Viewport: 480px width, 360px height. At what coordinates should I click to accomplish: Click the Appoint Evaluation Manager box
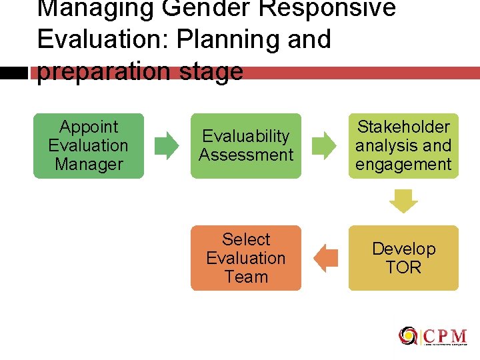coord(89,145)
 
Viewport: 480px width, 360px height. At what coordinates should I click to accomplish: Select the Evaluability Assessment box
coord(246,145)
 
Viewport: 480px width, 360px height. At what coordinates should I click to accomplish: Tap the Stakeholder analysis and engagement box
coord(403,145)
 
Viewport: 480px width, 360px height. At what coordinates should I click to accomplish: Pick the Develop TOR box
coord(403,258)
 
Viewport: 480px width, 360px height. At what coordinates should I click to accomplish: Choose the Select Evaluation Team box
coord(246,258)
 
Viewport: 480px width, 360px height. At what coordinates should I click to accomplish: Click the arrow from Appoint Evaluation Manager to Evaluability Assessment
coord(167,145)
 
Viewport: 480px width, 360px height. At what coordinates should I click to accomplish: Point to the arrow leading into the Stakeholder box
coord(325,145)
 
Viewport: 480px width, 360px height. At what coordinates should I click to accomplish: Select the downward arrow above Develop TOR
coord(403,201)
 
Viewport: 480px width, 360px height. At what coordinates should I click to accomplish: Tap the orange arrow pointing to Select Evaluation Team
coord(325,258)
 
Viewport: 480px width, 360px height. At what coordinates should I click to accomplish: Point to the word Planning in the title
coord(227,39)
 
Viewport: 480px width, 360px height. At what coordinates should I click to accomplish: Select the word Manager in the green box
coord(89,164)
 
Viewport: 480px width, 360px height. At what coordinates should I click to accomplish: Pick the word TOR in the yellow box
coord(403,267)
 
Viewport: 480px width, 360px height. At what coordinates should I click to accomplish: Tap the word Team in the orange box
coord(246,277)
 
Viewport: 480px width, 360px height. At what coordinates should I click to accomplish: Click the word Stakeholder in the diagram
coord(403,127)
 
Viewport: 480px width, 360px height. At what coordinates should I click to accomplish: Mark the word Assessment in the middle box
coord(246,155)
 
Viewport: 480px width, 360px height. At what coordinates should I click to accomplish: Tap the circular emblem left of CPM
coord(408,336)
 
